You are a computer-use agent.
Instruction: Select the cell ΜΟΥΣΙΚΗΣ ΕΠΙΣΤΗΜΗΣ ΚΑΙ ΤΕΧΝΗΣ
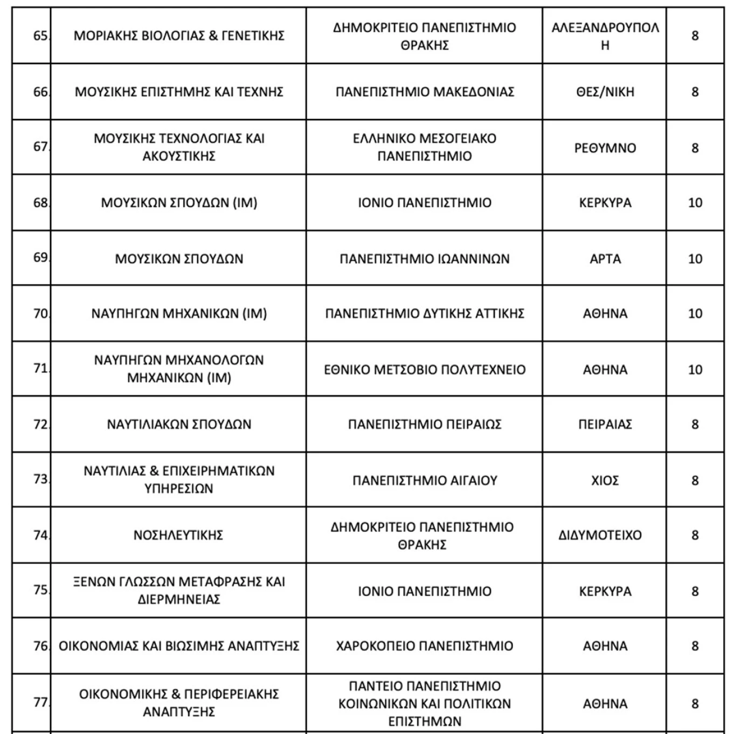179,92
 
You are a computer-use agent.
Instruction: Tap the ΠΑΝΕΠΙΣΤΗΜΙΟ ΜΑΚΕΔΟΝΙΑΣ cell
425,92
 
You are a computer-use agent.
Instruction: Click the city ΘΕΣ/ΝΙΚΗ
605,92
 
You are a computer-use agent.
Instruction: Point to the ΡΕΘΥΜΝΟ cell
605,148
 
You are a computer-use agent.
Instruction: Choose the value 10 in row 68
695,203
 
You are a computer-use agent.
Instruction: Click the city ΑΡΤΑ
605,259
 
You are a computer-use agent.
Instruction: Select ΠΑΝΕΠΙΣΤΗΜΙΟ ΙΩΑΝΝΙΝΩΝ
425,259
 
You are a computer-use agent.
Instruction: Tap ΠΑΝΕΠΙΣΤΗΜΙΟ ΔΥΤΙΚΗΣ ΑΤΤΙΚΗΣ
425,313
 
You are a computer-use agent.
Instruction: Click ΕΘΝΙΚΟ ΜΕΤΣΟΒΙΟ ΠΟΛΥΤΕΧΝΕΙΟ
425,369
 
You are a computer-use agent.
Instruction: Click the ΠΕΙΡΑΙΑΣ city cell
605,424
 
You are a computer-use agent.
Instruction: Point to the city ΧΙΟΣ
605,480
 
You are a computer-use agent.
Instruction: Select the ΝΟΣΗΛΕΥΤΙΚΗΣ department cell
178,535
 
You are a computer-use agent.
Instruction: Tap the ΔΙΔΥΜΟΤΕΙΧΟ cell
600,535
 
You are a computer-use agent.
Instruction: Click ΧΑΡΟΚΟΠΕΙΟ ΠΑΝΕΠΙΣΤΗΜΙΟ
425,646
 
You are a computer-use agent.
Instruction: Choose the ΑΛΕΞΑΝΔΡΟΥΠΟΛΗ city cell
605,36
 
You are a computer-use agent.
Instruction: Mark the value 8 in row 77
695,704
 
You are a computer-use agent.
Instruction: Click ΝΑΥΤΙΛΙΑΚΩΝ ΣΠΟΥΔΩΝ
179,424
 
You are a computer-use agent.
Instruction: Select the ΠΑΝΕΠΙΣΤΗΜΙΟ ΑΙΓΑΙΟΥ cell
425,480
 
